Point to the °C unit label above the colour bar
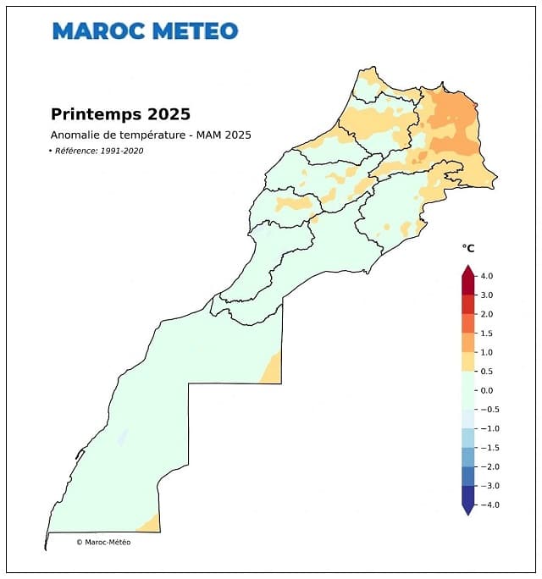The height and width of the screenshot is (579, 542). coord(467,248)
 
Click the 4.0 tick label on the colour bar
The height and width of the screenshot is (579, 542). coord(486,276)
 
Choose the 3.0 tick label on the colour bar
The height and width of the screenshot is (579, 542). coord(486,295)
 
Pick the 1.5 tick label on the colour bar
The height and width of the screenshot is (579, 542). coord(486,333)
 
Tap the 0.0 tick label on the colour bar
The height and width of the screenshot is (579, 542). coord(486,390)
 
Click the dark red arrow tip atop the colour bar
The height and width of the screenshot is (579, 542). coord(467,270)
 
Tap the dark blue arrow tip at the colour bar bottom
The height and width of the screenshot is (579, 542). coord(467,510)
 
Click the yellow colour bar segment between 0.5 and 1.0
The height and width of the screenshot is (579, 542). coord(467,361)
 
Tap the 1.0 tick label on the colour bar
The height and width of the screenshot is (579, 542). coord(486,352)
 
